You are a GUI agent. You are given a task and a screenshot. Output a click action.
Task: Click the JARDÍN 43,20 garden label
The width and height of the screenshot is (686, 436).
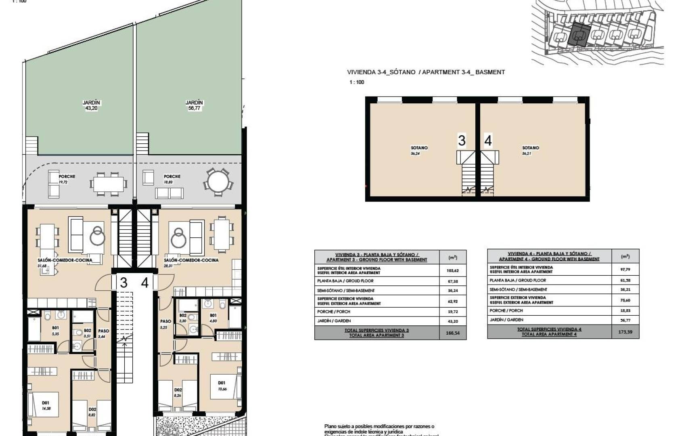click(91, 105)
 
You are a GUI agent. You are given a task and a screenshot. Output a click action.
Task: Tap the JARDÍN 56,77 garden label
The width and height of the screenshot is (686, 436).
click(194, 105)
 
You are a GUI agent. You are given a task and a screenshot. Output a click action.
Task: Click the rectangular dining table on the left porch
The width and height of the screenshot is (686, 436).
click(109, 184)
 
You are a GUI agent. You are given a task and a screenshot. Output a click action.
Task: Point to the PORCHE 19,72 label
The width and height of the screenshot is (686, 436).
click(67, 179)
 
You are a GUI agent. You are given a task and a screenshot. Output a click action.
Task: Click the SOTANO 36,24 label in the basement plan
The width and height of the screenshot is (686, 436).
click(419, 151)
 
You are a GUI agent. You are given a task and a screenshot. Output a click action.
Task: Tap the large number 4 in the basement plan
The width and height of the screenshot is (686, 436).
click(488, 141)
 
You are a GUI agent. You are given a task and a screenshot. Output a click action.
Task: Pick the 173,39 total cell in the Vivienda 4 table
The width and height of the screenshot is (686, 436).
click(625, 332)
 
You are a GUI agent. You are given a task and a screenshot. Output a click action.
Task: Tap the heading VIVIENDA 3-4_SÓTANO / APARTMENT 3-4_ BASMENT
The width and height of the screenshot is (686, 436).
click(426, 72)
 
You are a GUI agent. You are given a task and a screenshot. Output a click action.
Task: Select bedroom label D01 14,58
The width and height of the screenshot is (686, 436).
click(45, 405)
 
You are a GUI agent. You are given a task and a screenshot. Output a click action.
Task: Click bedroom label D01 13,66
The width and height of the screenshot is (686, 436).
click(222, 386)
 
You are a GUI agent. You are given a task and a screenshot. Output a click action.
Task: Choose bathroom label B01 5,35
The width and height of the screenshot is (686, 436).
click(56, 331)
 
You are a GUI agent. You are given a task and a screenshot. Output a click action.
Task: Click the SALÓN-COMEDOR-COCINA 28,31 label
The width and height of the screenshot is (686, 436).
click(191, 262)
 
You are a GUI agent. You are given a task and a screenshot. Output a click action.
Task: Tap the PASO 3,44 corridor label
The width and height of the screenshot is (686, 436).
click(104, 333)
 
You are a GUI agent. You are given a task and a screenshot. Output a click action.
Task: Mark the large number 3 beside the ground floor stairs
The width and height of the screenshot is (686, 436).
click(123, 283)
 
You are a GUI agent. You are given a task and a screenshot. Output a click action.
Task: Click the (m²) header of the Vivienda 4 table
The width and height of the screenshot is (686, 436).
click(625, 256)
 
